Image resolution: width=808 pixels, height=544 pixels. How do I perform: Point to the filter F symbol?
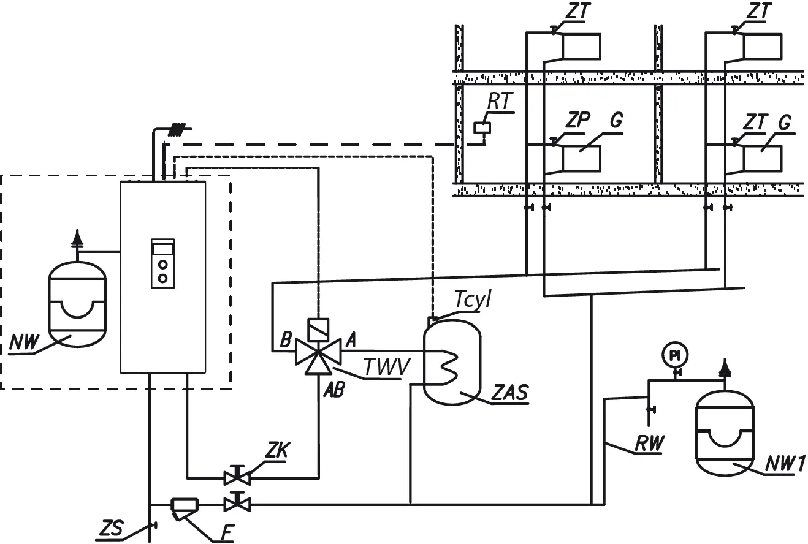[181, 505]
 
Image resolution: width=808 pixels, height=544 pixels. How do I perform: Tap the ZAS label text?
[510, 393]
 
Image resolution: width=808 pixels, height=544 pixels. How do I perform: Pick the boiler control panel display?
[163, 247]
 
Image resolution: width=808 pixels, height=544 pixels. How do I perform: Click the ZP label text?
[577, 121]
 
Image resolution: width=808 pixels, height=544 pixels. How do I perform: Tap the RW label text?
[649, 444]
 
